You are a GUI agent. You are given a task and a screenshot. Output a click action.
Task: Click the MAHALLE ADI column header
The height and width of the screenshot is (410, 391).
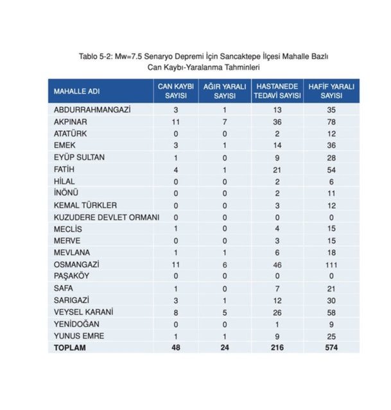tap(77, 91)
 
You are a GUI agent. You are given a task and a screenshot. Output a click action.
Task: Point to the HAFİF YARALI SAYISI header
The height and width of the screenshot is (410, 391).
tap(332, 91)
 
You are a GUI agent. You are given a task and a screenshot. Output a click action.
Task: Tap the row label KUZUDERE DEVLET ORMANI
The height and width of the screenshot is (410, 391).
tap(105, 217)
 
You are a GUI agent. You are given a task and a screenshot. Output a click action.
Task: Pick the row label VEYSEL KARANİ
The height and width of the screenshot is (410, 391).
tap(83, 311)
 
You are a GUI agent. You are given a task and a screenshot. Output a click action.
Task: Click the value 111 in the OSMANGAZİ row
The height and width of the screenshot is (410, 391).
tap(332, 264)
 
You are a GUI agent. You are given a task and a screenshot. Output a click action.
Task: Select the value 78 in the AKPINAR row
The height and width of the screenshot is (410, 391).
tap(332, 122)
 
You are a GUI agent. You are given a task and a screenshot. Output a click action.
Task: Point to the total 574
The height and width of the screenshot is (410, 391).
tap(332, 347)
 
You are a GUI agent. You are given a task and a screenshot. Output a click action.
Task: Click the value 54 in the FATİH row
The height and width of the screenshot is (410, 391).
tap(332, 169)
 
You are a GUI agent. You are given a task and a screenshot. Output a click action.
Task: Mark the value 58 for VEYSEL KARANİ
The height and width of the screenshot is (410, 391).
tap(332, 311)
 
